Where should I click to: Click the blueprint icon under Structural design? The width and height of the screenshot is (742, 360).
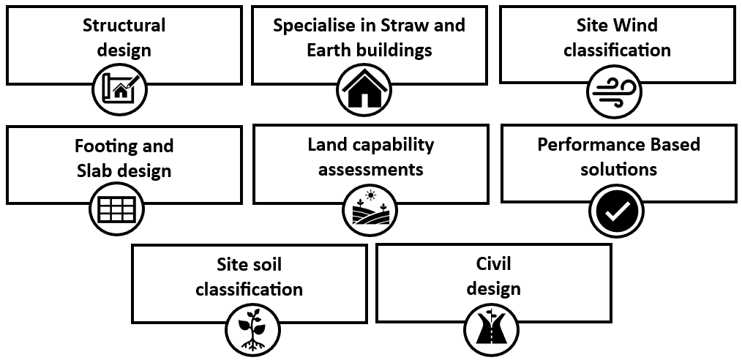(x=120, y=91)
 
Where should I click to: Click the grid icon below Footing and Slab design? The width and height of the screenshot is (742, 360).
(x=117, y=209)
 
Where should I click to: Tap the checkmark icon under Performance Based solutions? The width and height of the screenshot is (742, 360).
(x=616, y=211)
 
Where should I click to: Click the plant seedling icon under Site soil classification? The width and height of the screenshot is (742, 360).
(x=252, y=329)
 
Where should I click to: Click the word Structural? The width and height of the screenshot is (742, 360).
(x=124, y=26)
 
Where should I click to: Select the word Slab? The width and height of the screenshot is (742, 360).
(x=94, y=171)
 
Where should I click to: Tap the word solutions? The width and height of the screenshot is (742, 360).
(x=618, y=170)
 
